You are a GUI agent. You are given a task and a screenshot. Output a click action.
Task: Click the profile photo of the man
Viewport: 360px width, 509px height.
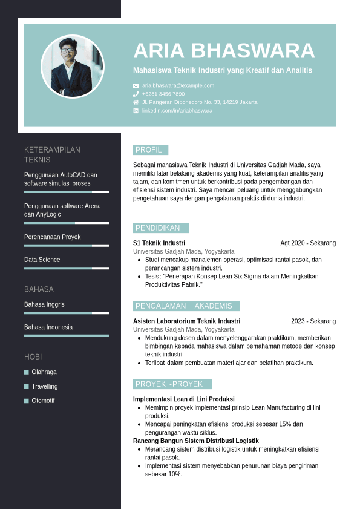point(73,67)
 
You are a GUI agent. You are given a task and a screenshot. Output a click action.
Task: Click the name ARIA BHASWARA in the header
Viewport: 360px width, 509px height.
point(224,51)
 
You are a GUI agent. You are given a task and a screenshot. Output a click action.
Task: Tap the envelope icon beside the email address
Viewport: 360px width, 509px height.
point(136,86)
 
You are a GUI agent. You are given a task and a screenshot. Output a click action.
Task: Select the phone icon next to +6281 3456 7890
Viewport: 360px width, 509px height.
point(136,94)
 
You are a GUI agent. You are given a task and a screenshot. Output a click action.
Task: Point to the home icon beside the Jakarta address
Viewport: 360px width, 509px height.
point(136,102)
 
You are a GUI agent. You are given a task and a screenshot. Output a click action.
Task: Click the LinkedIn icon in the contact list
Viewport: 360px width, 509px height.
point(136,111)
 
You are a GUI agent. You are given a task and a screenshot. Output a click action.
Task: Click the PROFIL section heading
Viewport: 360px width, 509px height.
point(150,150)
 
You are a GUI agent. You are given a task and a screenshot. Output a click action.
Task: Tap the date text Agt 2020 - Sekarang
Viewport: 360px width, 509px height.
point(308,243)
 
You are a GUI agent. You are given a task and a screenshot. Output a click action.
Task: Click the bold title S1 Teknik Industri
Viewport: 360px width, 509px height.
point(159,243)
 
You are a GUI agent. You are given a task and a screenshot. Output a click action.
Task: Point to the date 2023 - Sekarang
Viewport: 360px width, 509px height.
point(313,321)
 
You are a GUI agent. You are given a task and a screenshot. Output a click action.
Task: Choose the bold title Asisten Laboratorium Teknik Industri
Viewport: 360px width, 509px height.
point(186,321)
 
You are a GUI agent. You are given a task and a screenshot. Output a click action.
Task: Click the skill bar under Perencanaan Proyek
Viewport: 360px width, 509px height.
point(67,246)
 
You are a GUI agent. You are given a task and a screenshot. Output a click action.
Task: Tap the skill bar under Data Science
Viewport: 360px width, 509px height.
point(67,268)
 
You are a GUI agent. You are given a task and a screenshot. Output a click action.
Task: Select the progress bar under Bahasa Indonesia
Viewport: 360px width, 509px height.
point(67,335)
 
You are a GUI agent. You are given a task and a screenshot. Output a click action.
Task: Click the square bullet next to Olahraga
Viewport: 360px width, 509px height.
point(27,372)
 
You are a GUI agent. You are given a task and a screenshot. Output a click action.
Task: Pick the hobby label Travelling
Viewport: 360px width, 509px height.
point(45,387)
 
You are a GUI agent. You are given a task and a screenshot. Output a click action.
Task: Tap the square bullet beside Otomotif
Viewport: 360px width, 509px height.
point(27,401)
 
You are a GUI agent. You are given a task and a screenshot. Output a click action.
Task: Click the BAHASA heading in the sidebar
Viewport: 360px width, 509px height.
point(39,289)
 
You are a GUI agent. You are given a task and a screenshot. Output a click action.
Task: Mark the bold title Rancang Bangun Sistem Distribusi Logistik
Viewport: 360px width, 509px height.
point(196,441)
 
